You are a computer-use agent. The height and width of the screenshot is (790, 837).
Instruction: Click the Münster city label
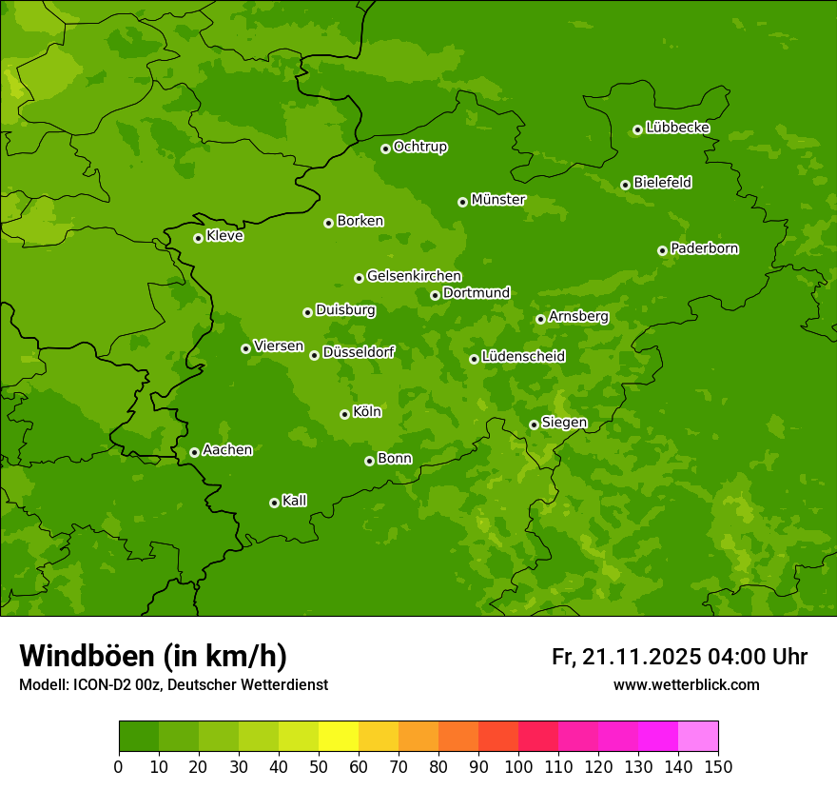pyautogui.click(x=498, y=200)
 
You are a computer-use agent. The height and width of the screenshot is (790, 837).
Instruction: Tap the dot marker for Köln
pyautogui.click(x=344, y=414)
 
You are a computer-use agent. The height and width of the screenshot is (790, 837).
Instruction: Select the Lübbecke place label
pyautogui.click(x=677, y=128)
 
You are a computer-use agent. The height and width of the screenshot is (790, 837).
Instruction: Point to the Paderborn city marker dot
pyautogui.click(x=662, y=250)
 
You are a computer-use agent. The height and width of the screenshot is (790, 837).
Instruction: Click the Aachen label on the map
pyautogui.click(x=227, y=450)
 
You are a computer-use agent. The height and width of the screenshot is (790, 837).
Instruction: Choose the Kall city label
pyautogui.click(x=295, y=501)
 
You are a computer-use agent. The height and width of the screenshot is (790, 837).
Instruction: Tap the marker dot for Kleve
pyautogui.click(x=198, y=238)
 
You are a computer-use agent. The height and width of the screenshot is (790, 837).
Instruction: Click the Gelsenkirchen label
pyautogui.click(x=414, y=276)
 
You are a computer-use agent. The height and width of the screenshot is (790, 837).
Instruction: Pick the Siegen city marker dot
pyautogui.click(x=534, y=425)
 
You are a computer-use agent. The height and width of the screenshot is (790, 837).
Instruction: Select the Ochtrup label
pyautogui.click(x=420, y=147)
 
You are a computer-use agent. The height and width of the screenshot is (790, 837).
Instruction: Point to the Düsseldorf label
pyautogui.click(x=359, y=352)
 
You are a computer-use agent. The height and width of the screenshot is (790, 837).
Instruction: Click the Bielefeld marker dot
pyautogui.click(x=625, y=185)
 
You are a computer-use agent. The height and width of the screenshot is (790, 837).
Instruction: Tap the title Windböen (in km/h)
pyautogui.click(x=153, y=656)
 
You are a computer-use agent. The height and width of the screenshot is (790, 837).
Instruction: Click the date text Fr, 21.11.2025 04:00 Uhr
pyautogui.click(x=679, y=657)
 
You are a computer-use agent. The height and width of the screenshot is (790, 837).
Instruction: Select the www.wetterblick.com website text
pyautogui.click(x=686, y=684)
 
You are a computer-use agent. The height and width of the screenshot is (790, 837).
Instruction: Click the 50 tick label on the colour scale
pyautogui.click(x=319, y=766)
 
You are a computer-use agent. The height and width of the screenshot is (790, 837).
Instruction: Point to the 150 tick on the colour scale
pyautogui.click(x=718, y=766)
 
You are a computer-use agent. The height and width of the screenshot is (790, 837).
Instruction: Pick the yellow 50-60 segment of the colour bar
pyautogui.click(x=339, y=737)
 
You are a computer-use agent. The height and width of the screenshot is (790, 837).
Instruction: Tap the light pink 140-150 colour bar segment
pyautogui.click(x=698, y=737)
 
